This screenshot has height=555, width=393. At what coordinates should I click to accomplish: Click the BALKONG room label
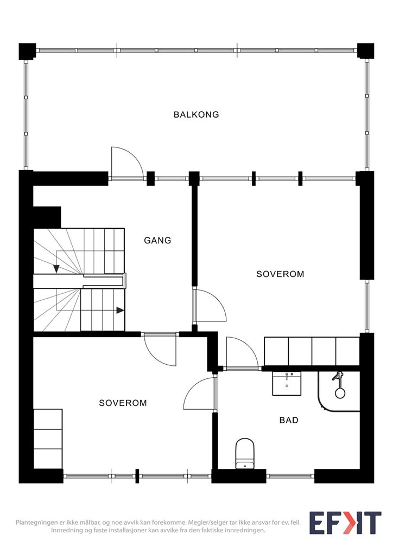[196, 115]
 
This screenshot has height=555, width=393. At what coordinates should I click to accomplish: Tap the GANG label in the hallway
[157, 240]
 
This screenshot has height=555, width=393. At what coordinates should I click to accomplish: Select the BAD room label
[289, 420]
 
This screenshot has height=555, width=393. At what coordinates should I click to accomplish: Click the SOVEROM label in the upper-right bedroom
[280, 274]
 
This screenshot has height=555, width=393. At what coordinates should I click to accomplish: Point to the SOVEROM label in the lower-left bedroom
[123, 403]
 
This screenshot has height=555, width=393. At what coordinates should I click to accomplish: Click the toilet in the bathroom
[245, 454]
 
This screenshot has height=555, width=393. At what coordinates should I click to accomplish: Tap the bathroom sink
[286, 383]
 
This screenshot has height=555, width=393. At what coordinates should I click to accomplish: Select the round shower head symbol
[340, 393]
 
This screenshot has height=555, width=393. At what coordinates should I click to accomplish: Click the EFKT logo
[345, 522]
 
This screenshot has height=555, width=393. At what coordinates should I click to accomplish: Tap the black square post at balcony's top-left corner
[27, 51]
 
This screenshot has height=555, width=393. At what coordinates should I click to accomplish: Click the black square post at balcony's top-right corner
[365, 51]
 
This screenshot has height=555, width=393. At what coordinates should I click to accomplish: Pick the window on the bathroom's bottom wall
[290, 476]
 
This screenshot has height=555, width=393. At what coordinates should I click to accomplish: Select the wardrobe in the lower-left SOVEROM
[48, 439]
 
